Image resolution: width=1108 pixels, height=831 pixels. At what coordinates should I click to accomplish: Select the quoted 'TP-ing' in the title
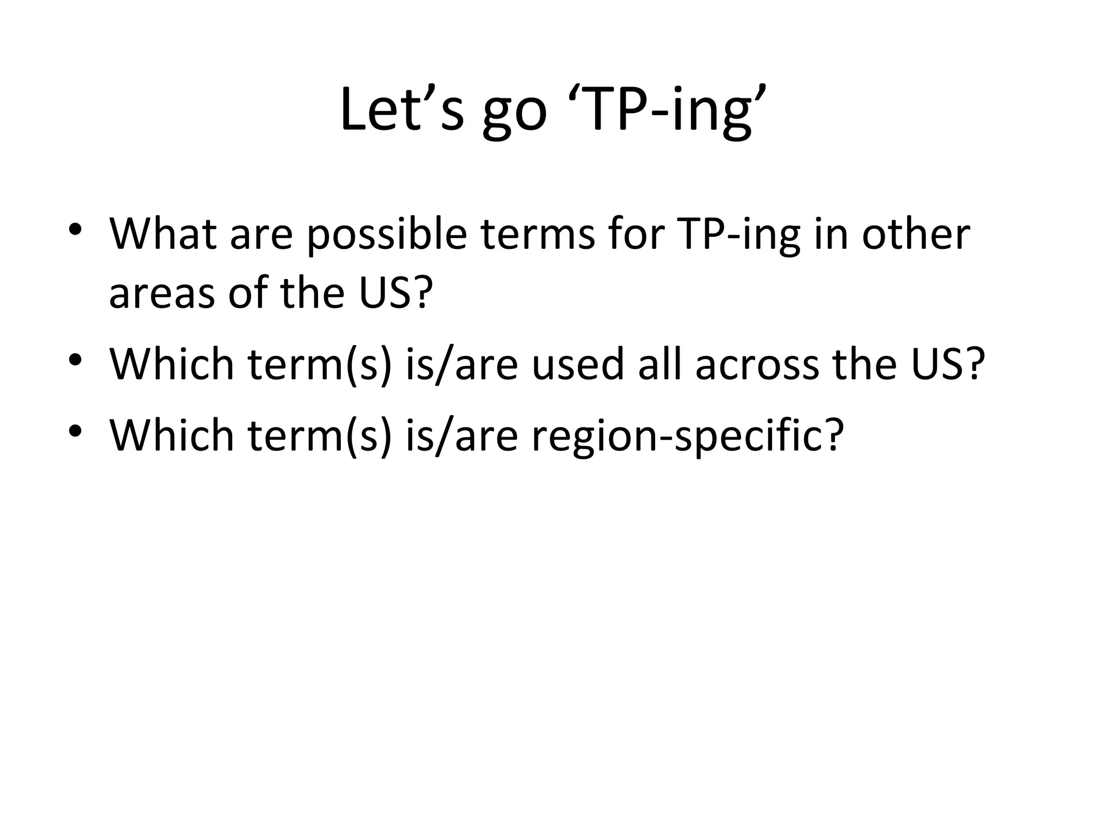pos(668,111)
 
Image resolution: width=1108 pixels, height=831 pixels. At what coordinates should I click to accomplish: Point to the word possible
pos(387,238)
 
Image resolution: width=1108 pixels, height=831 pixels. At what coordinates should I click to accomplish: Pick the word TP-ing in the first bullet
pos(739,238)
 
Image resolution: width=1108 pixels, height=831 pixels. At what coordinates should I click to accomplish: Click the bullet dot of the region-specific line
pos(75,430)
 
